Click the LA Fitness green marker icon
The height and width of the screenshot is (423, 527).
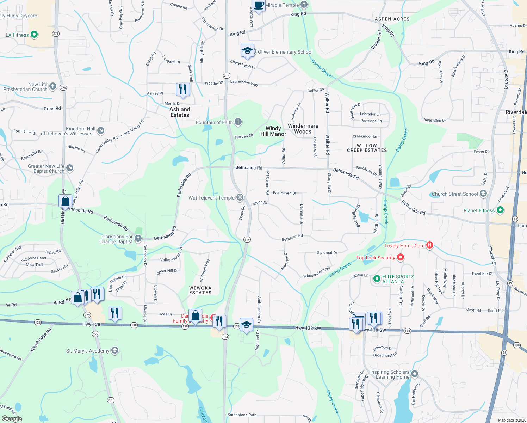coord(34,35)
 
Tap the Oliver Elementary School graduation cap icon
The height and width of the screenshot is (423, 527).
coord(247,51)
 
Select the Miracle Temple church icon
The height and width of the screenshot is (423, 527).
coord(304,5)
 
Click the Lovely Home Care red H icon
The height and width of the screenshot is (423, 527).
coord(429,245)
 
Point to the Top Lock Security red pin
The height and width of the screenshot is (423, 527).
coord(400,257)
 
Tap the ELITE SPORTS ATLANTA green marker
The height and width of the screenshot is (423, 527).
coord(377,279)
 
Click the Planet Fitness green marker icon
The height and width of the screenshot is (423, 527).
coord(500,210)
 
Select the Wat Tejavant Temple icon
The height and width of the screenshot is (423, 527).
coord(240,197)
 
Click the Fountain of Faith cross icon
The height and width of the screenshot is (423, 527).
coord(238,122)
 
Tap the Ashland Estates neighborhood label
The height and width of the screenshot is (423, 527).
coord(180,112)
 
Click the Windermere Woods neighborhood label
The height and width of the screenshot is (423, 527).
coord(303,129)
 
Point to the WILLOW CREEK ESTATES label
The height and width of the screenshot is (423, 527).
coord(367,148)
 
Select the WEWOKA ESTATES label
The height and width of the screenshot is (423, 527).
coord(200,290)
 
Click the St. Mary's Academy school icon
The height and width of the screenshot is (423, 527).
coord(114,350)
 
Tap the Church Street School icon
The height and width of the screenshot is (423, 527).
coord(483,194)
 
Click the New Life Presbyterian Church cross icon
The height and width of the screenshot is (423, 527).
coord(53,86)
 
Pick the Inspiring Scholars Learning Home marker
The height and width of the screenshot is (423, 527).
coord(415,374)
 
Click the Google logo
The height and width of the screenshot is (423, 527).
coord(12,419)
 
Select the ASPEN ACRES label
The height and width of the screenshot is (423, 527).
coord(392,19)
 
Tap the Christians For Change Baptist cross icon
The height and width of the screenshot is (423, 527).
coord(138,239)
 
